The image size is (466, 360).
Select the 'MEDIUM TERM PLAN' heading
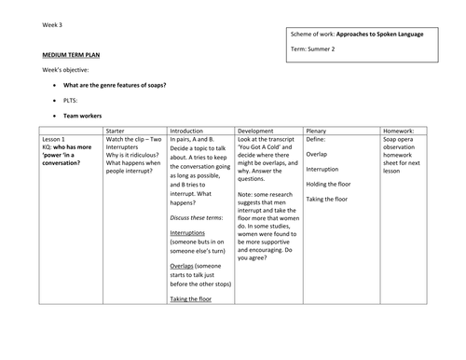click(x=72, y=55)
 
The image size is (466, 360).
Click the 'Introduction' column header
click(x=190, y=131)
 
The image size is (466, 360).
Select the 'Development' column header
click(x=257, y=131)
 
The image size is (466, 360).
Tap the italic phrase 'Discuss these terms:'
click(x=199, y=216)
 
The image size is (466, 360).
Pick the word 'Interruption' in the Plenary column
click(x=324, y=168)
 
